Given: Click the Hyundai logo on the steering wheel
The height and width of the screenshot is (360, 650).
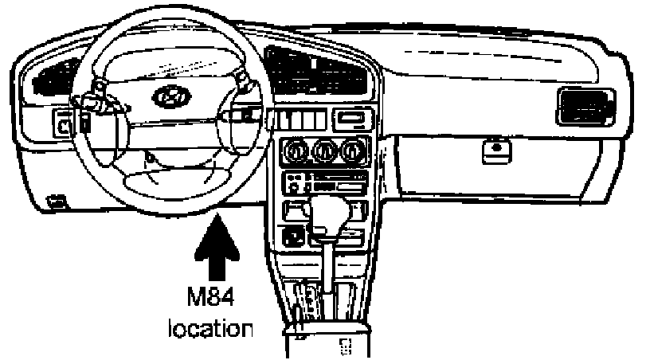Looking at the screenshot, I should [x=167, y=97].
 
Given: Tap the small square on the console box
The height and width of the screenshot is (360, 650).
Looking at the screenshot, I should [x=345, y=345].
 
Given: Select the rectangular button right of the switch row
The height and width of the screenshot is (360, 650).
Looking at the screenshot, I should [x=350, y=119].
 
